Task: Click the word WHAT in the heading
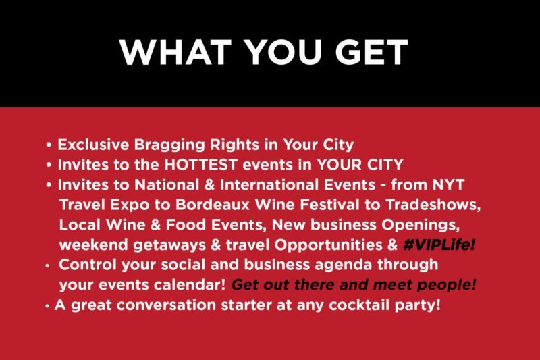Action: (175, 52)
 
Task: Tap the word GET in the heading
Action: (372, 52)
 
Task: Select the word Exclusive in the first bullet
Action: (93, 145)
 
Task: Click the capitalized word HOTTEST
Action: (200, 165)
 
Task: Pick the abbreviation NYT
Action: (448, 184)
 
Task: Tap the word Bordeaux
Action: (213, 205)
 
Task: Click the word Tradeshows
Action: (433, 205)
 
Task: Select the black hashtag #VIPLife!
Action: (439, 245)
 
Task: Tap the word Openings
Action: (421, 226)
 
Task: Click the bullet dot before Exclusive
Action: (49, 145)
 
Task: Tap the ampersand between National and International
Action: (209, 185)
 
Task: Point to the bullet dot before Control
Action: (47, 266)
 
